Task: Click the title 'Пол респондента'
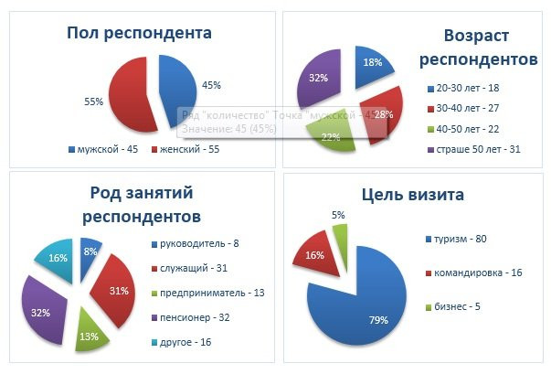click(x=139, y=34)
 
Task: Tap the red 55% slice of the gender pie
click(x=130, y=91)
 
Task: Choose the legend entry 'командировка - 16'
click(x=476, y=273)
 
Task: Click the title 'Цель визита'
click(x=412, y=195)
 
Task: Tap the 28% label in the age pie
click(x=385, y=114)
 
